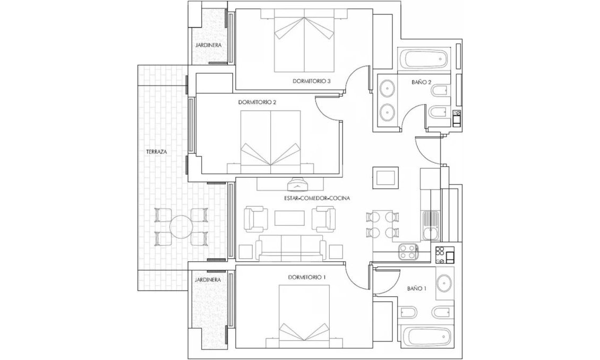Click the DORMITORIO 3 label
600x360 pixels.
(312, 81)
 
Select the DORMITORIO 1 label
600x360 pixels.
(306, 277)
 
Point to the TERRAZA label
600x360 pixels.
(157, 151)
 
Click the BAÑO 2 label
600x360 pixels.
(421, 82)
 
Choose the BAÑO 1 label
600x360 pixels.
(417, 288)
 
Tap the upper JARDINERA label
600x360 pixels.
(208, 45)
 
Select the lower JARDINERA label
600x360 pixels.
(208, 279)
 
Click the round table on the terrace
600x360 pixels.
(180, 227)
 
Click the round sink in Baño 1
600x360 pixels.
(445, 284)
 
